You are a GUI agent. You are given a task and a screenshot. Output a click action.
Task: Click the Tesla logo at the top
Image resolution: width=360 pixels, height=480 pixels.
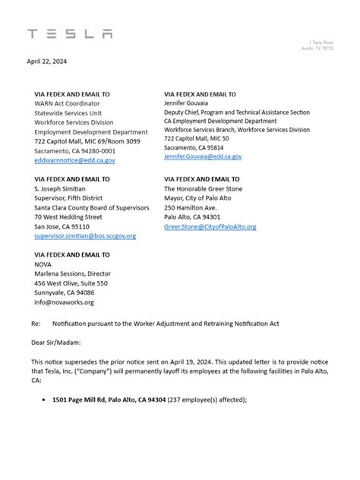tap(70, 33)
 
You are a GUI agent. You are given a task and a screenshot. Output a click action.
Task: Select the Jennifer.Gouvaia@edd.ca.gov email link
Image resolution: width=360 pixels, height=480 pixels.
tap(203, 156)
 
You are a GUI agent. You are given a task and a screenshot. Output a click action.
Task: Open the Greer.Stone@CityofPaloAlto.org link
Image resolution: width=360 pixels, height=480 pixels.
tap(210, 226)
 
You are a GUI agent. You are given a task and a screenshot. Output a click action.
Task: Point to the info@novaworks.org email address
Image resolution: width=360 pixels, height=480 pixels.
tap(64, 302)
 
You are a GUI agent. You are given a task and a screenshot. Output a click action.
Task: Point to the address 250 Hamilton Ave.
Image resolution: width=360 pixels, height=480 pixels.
tap(191, 207)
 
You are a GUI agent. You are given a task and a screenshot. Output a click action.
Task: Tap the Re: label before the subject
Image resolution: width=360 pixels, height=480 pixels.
tap(36, 324)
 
